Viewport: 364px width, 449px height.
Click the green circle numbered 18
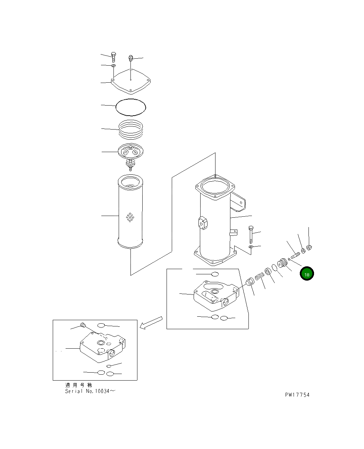click(307, 274)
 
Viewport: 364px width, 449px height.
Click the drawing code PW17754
click(297, 395)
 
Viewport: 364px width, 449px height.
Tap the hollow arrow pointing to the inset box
click(151, 322)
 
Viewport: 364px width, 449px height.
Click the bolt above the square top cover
click(113, 57)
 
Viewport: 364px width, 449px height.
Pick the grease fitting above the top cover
click(131, 58)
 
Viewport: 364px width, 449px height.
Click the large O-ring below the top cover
click(131, 106)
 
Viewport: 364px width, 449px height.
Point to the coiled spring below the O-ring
click(131, 129)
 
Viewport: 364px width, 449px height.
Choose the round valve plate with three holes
click(131, 152)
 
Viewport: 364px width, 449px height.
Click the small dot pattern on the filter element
click(130, 217)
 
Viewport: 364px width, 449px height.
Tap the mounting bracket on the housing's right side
click(239, 201)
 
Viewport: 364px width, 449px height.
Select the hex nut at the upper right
click(310, 248)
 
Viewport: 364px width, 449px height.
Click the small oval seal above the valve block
click(215, 274)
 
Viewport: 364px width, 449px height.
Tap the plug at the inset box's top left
click(83, 325)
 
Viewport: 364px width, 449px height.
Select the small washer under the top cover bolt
click(113, 65)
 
